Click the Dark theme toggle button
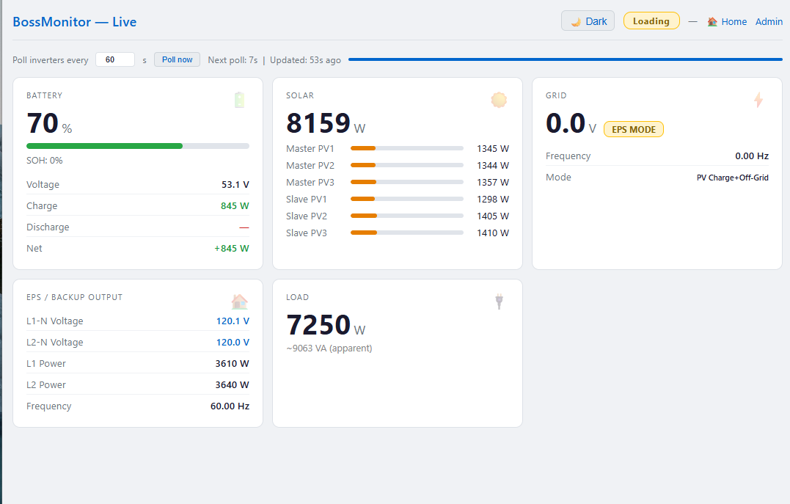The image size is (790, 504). (588, 21)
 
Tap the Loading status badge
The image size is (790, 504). (651, 21)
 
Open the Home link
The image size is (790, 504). (727, 22)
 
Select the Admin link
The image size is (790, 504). (769, 22)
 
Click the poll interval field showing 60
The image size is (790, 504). (115, 59)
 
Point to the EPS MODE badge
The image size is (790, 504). (633, 130)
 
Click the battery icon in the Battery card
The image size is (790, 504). (239, 100)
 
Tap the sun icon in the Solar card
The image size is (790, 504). (499, 100)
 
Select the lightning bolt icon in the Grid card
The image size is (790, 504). (758, 100)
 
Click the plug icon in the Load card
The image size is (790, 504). (499, 302)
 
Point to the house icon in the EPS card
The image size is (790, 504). (239, 302)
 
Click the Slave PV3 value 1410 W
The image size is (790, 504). (493, 233)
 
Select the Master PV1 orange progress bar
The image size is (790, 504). (363, 148)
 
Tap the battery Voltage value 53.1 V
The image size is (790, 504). (235, 184)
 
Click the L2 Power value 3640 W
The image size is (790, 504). (233, 385)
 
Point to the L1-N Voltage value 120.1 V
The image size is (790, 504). (233, 321)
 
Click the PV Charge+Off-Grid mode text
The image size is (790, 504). (733, 178)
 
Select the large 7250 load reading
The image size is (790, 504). (318, 325)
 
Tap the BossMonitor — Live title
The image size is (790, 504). (75, 22)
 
